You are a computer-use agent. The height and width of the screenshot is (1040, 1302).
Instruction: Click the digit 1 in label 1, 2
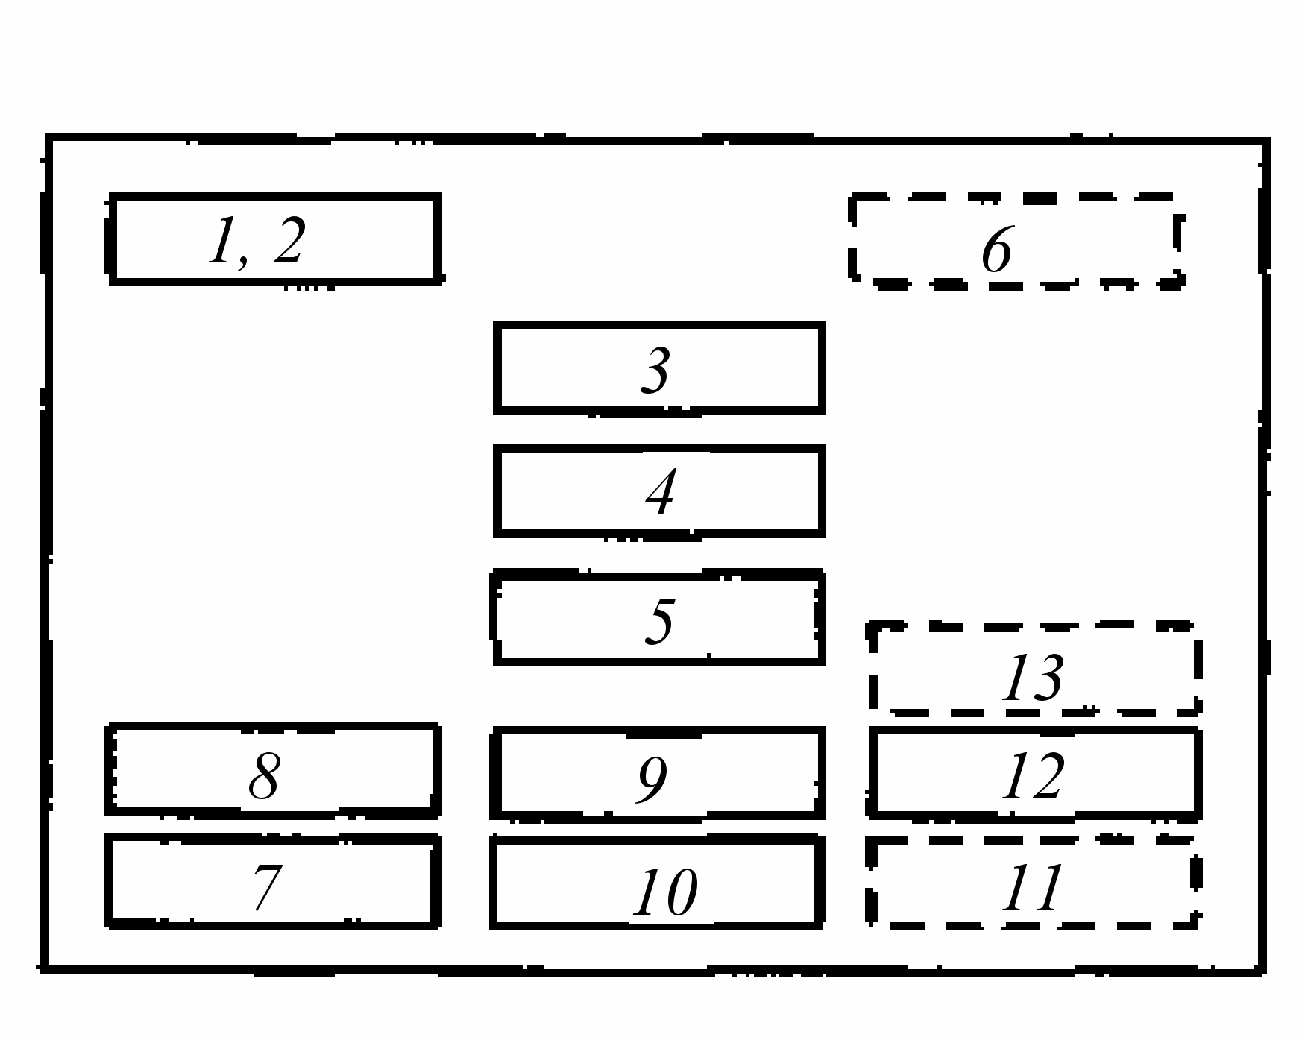222,240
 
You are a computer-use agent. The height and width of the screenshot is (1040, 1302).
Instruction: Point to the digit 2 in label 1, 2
290,240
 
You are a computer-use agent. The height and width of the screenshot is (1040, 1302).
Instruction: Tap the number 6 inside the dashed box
997,249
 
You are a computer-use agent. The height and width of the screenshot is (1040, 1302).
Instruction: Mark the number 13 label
1033,677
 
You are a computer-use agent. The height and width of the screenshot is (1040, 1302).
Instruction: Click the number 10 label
665,892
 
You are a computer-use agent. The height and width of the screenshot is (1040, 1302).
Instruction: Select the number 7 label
267,886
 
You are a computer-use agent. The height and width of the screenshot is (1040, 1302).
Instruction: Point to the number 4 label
661,491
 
